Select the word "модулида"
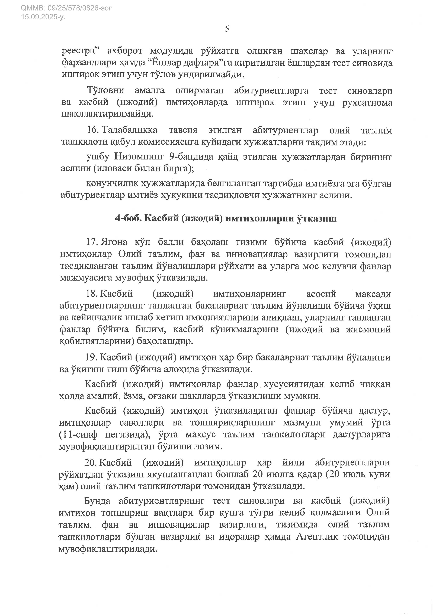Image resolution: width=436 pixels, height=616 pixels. [x=172, y=51]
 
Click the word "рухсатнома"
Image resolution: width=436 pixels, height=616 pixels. [x=367, y=102]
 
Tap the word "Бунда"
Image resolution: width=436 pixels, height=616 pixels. [x=97, y=501]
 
